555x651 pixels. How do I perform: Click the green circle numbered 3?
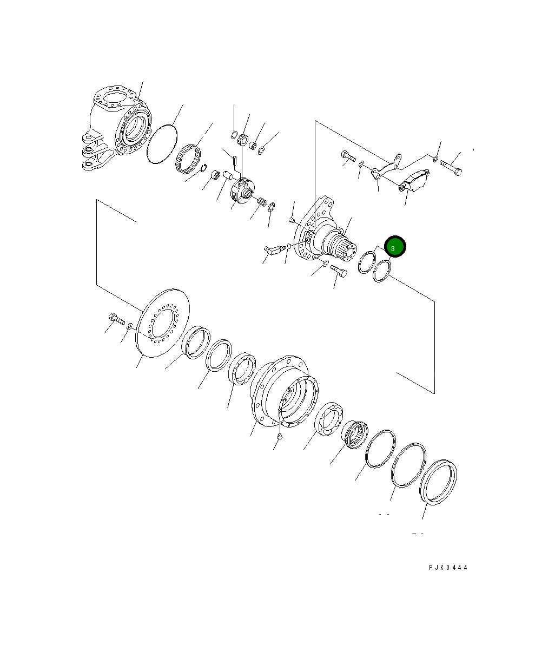click(x=395, y=246)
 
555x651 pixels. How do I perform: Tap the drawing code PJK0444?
click(x=448, y=568)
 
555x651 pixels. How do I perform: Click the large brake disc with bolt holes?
click(x=162, y=323)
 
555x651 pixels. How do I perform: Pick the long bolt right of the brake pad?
click(x=451, y=167)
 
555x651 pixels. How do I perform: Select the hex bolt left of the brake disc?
click(x=116, y=318)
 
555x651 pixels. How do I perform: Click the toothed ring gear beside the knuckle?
click(x=188, y=159)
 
